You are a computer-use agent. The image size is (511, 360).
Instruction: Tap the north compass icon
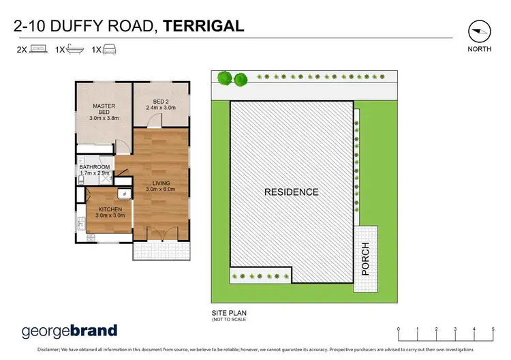pos(480,31)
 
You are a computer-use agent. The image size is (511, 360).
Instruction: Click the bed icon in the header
pos(37,50)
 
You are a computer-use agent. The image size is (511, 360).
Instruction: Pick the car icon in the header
pos(110,50)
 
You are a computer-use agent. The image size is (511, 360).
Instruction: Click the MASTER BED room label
pos(104,112)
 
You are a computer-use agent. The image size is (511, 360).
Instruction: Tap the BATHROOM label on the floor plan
pos(95,167)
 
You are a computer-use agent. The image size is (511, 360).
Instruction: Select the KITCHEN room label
pos(110,209)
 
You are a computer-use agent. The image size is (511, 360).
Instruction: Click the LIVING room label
pos(161,183)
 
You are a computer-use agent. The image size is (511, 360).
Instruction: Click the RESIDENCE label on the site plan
pos(292,192)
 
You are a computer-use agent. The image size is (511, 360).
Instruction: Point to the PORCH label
pos(365,258)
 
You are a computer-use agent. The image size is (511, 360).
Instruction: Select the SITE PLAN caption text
pos(228,313)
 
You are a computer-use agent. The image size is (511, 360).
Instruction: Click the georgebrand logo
pos(69,331)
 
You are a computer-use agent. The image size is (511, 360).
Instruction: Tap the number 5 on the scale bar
pos(493,329)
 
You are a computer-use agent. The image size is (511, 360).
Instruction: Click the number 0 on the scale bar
pos(399,329)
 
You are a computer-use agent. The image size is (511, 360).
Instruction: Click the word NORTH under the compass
pos(480,50)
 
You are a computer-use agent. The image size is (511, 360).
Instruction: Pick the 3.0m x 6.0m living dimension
pos(161,190)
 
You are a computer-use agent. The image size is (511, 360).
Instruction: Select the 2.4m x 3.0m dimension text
pos(160,107)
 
